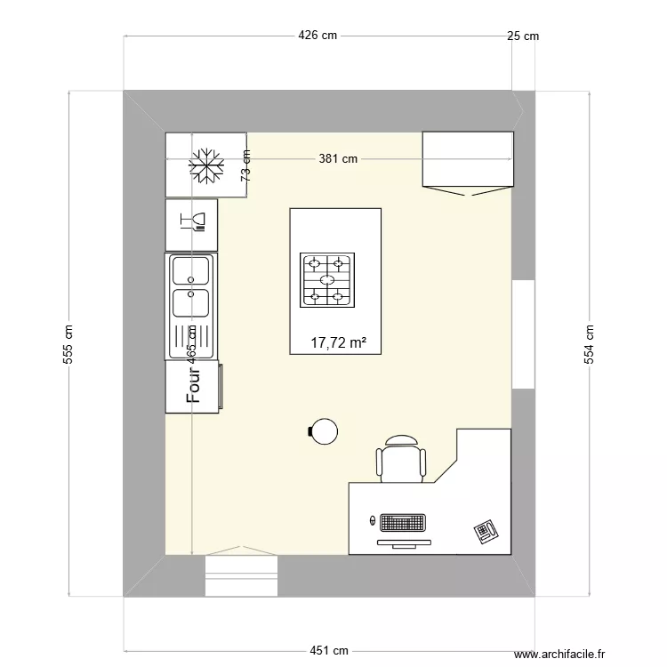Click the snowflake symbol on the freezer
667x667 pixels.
coord(206,166)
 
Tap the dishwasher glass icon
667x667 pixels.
coord(193,222)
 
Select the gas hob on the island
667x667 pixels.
coord(327,280)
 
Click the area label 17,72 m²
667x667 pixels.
coord(339,342)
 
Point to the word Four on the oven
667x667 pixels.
coord(193,385)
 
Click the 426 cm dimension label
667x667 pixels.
coord(317,36)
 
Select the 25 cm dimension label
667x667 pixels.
coord(523,36)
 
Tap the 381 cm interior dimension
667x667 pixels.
coord(338,158)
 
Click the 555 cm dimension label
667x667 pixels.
coord(68,344)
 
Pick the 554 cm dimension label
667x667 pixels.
coord(589,344)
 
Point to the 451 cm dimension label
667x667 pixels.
coord(329,650)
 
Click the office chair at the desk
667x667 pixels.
coord(401,459)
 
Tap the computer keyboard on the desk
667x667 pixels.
coord(403,523)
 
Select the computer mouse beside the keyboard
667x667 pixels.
coord(373,520)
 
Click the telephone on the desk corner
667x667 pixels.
coord(486,531)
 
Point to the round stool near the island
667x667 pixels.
coord(324,431)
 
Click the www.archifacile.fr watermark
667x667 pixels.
coord(559,654)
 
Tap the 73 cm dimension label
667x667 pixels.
coord(245,166)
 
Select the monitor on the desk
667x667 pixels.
coord(404,543)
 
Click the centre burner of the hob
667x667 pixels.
coord(327,279)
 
